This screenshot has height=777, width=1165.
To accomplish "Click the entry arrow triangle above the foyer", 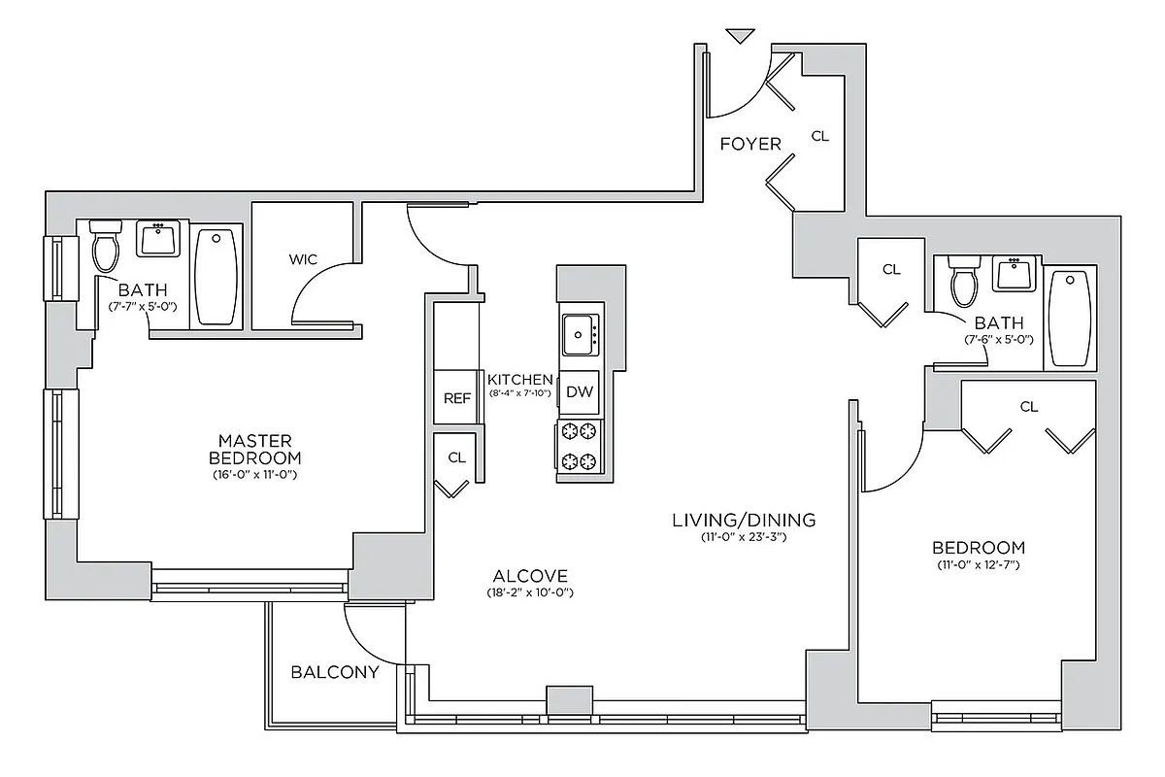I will point(741,37).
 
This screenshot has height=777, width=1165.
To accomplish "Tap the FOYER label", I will point(750,144).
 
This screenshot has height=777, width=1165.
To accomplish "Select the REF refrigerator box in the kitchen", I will point(456,397).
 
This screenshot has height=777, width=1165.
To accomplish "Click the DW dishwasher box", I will point(580,392).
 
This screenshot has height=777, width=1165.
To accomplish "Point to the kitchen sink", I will point(580,335).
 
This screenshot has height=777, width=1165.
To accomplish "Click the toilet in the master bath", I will point(104,247).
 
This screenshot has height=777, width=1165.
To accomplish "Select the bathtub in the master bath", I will point(216,277).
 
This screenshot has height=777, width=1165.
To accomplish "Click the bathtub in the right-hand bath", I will point(1070,319).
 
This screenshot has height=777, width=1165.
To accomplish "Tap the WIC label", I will point(303,259).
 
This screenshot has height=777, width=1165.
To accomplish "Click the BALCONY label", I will point(335,672).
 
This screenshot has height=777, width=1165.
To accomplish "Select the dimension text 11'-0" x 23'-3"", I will point(744,537).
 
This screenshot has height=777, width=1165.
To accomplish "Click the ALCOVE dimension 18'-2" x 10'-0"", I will point(529,592).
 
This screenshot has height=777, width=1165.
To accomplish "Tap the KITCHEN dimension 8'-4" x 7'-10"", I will point(520,393).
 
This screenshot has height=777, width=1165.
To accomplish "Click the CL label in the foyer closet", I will point(820,137).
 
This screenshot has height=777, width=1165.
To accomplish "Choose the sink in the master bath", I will point(157,238).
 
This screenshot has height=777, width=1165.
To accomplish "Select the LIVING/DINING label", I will point(744,520).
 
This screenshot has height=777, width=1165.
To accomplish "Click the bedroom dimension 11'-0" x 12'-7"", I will point(978,564).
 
